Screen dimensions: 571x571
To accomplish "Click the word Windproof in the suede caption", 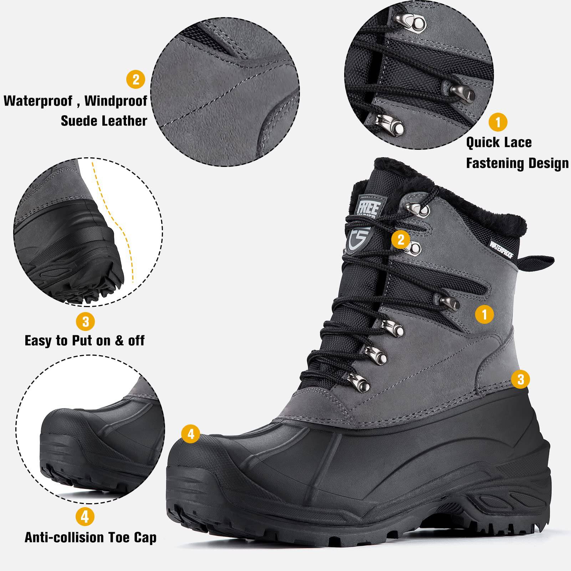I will point(116,101).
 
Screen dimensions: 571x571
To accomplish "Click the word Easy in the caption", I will point(38,341).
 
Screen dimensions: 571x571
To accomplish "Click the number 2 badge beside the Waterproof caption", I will point(136,79).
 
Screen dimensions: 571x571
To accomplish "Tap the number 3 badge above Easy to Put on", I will point(85,322).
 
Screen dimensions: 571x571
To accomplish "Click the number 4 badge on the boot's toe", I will point(191,434).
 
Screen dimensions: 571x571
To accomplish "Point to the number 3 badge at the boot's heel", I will point(520,379).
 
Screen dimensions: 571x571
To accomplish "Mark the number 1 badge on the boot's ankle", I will point(484,314).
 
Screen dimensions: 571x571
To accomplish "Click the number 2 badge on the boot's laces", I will point(401,239).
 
